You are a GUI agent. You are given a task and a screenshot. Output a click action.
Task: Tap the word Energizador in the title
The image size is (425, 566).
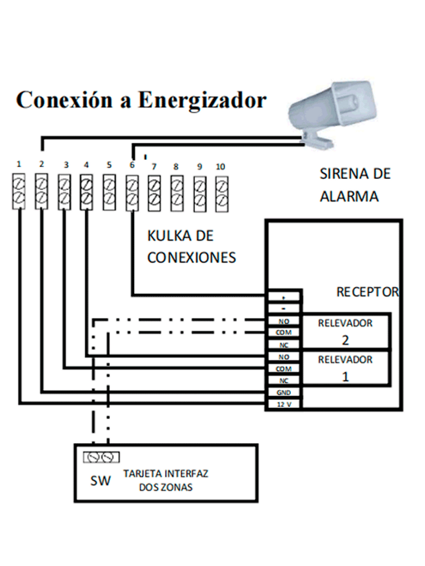(x=202, y=100)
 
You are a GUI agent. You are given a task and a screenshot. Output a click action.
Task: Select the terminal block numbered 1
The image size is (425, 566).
(x=19, y=191)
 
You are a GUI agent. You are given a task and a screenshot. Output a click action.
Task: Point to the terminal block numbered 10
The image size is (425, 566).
(x=222, y=194)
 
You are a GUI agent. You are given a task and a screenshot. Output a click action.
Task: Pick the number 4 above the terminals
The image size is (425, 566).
(x=86, y=165)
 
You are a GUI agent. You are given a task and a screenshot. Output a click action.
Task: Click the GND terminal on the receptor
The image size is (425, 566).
(x=284, y=392)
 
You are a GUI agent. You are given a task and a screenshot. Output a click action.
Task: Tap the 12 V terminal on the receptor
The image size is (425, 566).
(x=284, y=404)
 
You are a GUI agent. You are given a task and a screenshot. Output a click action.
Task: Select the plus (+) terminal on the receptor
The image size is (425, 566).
(x=284, y=298)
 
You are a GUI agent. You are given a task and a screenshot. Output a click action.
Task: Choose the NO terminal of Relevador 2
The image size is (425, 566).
(x=284, y=321)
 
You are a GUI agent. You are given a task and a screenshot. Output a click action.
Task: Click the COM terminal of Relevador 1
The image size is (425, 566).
(x=284, y=369)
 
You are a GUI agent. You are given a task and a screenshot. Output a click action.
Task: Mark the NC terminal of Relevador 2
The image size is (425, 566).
(x=284, y=345)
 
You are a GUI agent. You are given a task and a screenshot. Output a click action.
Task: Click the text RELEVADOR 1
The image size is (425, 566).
(x=345, y=368)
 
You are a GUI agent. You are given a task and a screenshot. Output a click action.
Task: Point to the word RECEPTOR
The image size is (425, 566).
(x=367, y=292)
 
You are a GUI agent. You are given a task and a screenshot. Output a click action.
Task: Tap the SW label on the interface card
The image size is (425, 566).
(x=100, y=481)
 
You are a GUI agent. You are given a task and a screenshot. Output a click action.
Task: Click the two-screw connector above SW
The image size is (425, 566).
(x=101, y=457)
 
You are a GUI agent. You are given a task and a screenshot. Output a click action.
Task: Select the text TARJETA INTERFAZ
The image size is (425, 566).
(x=166, y=473)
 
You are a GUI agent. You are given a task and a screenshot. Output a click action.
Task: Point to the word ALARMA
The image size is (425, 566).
(x=349, y=196)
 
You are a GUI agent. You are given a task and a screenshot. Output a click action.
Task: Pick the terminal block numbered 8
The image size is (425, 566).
(x=177, y=193)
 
